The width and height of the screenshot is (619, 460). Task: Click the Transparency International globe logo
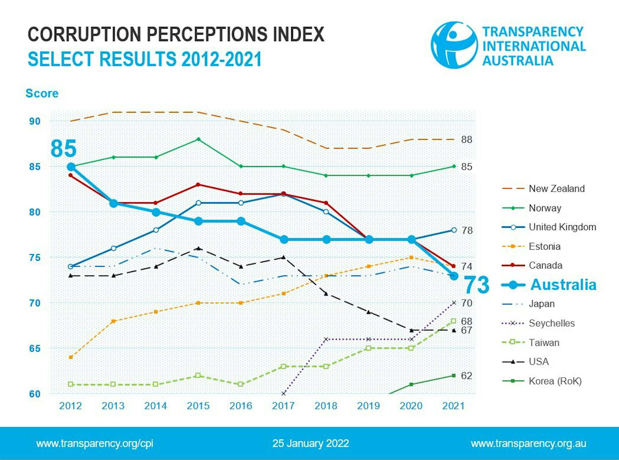click(454, 45)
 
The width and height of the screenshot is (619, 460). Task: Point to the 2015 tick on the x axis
click(198, 406)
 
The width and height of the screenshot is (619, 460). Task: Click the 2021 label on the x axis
click(453, 406)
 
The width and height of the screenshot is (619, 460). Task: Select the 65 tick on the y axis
click(35, 349)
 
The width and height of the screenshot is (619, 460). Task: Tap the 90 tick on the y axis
click(35, 122)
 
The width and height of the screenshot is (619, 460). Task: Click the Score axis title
click(42, 94)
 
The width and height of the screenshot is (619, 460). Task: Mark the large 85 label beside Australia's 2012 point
click(64, 149)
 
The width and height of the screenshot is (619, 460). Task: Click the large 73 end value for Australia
click(476, 285)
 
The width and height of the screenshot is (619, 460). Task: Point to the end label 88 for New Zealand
click(467, 140)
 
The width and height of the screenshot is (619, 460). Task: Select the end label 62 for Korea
click(467, 376)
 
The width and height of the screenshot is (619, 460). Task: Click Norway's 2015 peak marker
click(199, 139)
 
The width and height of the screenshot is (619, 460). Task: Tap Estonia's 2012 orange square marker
click(71, 357)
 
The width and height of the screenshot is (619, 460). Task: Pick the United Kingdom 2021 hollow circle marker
click(454, 230)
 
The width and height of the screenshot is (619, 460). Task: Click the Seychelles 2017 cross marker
click(283, 394)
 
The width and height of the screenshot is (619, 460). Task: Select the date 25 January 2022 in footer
click(310, 444)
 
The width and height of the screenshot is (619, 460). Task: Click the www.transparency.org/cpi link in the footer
click(94, 444)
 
